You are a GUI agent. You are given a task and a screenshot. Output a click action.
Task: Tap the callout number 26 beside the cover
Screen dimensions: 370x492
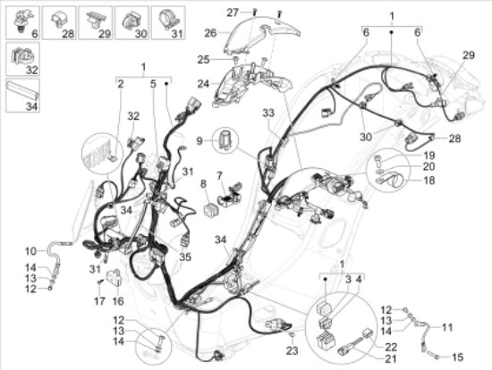[209, 34]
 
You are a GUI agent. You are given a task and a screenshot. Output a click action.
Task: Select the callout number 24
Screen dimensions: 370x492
[203, 85]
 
